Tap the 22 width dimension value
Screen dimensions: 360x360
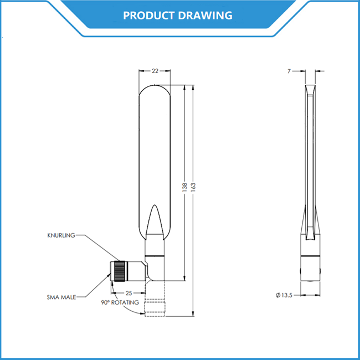coord(155,71)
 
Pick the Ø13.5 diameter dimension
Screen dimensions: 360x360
coord(284,295)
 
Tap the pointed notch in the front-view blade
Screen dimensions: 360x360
coord(155,219)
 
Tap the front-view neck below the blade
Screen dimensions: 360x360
coord(155,247)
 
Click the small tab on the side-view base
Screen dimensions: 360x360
coord(302,272)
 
